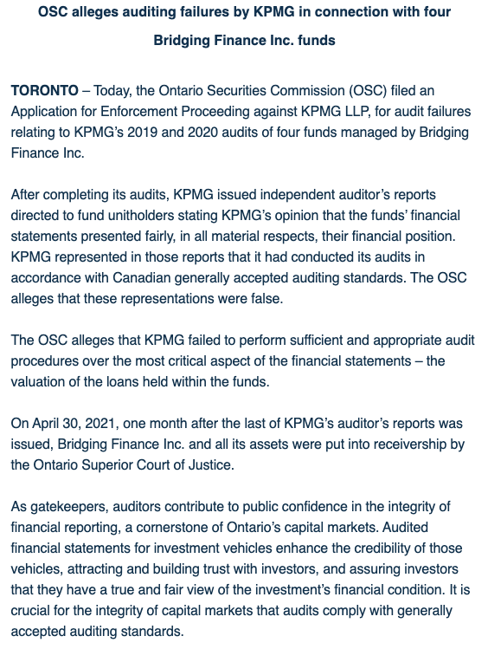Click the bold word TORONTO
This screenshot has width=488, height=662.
click(45, 91)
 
